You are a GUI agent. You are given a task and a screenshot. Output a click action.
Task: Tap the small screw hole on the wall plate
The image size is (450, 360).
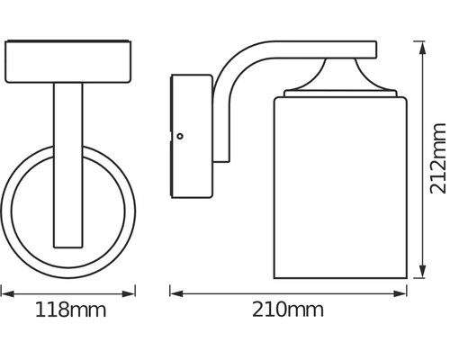click(181, 137)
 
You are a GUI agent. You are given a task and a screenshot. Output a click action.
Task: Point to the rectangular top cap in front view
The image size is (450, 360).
click(69, 61)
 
